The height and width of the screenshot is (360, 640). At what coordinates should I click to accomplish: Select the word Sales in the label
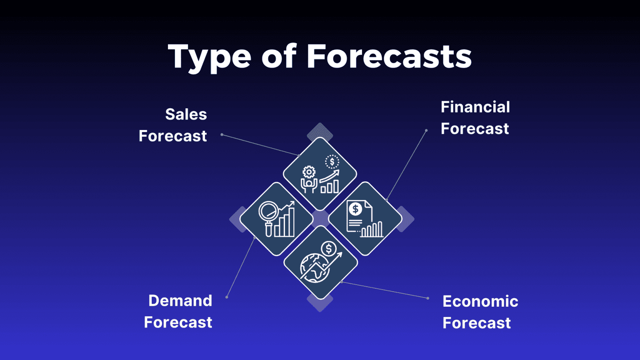point(186,115)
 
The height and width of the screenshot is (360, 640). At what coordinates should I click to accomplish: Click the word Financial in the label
point(475,107)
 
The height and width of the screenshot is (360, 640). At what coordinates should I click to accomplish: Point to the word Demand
point(180,301)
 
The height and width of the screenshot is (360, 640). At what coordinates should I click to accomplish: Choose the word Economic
point(480,302)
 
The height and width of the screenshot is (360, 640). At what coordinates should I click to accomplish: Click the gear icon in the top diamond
point(309,172)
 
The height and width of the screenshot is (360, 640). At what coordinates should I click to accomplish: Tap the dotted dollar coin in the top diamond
point(332,162)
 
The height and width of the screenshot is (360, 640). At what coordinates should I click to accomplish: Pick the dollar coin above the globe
point(329,249)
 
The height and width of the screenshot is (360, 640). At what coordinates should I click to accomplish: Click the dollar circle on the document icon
point(355,209)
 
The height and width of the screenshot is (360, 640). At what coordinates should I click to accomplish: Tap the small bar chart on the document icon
point(372,230)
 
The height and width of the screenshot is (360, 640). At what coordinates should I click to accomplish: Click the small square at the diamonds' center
point(320,218)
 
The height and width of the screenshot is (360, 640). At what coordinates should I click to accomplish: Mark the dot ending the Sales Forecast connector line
point(222,135)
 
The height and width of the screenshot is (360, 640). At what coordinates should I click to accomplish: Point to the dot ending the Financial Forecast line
point(426,130)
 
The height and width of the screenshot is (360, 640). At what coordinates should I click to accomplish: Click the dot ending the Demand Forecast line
point(227,297)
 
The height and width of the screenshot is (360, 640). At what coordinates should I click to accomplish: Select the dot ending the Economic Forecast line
point(428,298)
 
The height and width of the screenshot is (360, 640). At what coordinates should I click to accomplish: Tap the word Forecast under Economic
point(476,323)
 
